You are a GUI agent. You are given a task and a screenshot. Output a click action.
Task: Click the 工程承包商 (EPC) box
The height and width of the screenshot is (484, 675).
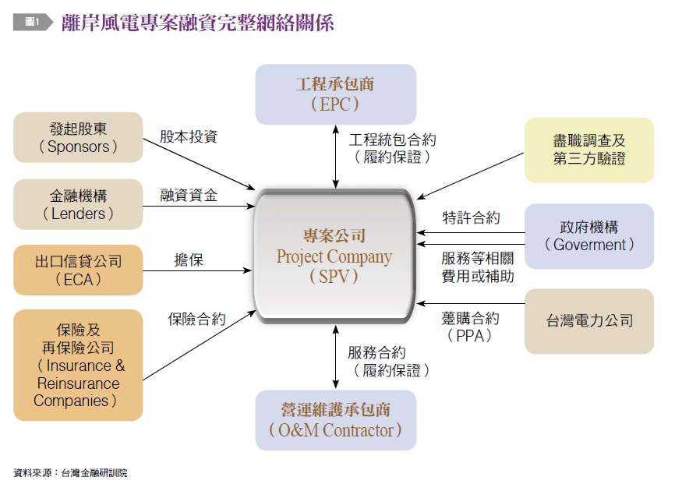click(335, 94)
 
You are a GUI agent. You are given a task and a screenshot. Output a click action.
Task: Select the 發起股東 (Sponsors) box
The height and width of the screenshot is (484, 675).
click(78, 137)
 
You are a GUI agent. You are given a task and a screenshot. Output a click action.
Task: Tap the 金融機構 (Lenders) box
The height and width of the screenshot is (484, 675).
click(78, 204)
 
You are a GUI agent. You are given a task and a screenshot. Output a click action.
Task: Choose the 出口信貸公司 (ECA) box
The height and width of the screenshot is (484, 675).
click(78, 270)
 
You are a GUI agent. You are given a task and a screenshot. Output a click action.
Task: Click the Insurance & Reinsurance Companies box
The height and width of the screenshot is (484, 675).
click(78, 365)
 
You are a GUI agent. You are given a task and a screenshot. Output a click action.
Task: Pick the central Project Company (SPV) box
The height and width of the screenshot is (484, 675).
click(334, 255)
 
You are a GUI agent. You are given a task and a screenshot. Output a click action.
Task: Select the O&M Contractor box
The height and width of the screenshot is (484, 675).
click(335, 420)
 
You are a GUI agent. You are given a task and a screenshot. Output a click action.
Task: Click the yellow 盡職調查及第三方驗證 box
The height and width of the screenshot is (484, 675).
click(589, 150)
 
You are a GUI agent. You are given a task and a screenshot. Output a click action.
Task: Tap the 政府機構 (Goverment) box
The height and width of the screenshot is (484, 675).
click(589, 236)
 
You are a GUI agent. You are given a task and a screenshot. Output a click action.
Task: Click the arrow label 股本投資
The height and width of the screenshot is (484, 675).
click(189, 137)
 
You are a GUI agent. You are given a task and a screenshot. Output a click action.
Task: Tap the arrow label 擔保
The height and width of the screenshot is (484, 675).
click(189, 260)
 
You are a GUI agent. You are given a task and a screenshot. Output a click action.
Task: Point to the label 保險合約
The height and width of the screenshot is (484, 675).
click(197, 319)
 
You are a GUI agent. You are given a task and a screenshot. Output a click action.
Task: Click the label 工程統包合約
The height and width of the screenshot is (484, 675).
click(392, 140)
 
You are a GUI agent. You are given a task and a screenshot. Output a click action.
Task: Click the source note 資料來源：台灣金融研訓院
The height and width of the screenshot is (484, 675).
click(70, 472)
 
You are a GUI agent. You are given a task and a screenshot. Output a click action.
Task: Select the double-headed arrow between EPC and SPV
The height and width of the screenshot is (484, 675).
click(336, 156)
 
